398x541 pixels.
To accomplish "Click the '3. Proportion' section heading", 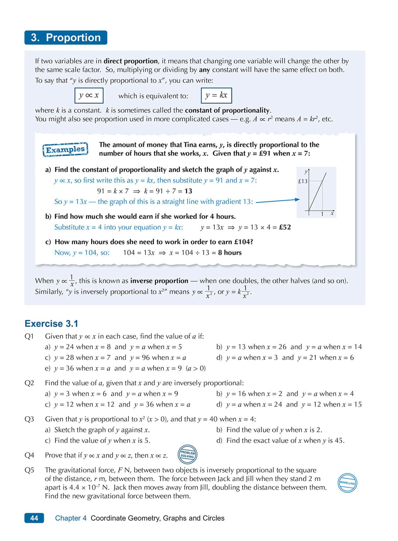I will point(65,37).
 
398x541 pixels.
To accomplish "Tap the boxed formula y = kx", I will point(216,95).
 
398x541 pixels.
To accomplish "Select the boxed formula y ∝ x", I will point(89,95).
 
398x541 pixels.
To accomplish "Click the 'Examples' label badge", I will point(65,150).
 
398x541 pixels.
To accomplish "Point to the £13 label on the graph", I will point(303,181).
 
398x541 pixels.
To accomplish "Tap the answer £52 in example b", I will point(285,227).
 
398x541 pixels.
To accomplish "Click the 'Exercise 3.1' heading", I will point(51,324).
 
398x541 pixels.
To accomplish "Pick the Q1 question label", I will point(29,336).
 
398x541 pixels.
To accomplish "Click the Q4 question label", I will point(29,455).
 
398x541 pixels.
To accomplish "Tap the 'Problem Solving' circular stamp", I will point(188,455).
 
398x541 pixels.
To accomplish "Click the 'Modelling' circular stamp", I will point(347,483).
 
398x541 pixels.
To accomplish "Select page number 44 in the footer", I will point(34,518).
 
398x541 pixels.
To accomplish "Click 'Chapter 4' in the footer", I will point(71,518).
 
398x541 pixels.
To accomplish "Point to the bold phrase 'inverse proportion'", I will point(159,281).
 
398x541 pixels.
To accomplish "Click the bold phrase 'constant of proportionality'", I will point(227,110).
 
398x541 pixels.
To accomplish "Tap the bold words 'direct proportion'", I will point(131,61).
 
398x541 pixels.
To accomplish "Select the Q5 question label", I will point(29,470).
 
